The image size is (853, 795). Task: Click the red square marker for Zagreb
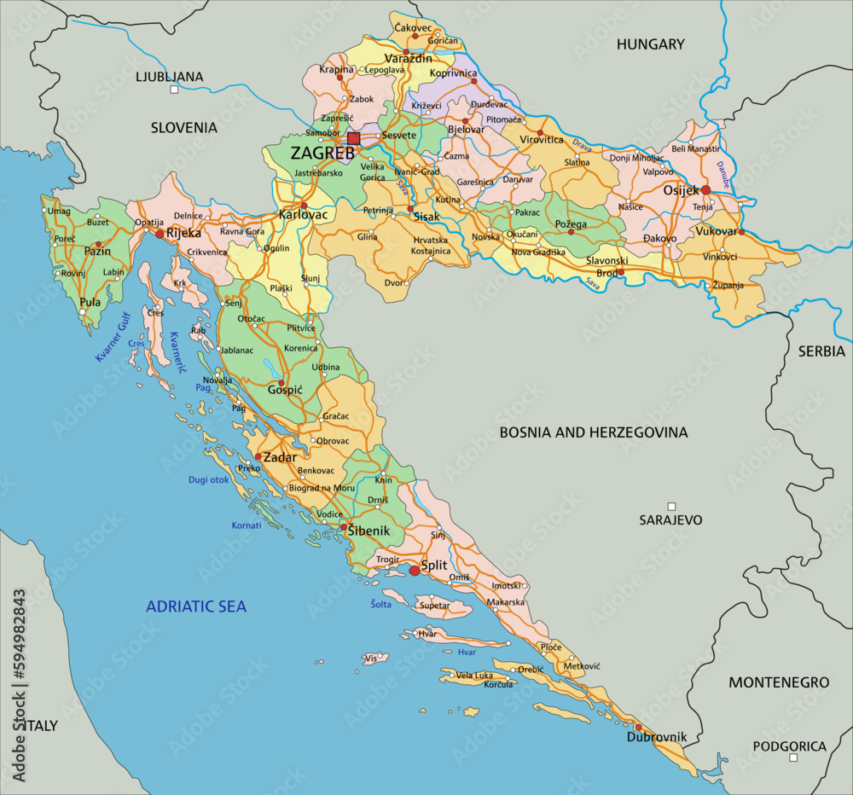[x=354, y=138]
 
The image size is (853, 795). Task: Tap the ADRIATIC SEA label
[x=196, y=606]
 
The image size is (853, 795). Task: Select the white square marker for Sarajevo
[x=671, y=506]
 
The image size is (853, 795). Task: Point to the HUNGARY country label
[x=651, y=44]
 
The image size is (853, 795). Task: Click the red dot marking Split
[x=415, y=571]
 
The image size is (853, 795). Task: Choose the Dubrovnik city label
[x=657, y=737]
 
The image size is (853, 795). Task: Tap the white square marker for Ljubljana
[x=175, y=89]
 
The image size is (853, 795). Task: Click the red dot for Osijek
[x=705, y=190]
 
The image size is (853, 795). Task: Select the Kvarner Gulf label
[x=112, y=337]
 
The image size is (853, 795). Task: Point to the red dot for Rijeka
[x=160, y=233]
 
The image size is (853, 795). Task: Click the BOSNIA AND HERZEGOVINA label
[x=593, y=432]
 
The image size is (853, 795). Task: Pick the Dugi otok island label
[x=209, y=480]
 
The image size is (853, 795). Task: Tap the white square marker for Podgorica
[x=793, y=757]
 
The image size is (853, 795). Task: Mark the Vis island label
[x=370, y=659]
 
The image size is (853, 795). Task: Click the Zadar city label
[x=280, y=457]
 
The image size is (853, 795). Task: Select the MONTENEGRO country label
[x=778, y=682]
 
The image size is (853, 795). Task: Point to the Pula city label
[x=90, y=302]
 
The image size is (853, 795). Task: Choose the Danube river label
[x=725, y=174]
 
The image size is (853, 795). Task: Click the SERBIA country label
[x=821, y=351]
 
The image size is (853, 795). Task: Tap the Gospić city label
[x=286, y=389]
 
